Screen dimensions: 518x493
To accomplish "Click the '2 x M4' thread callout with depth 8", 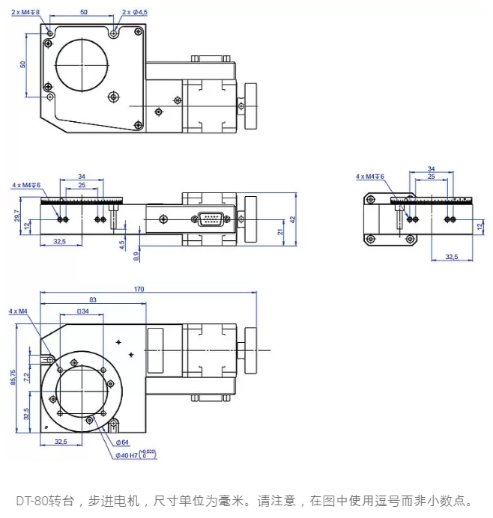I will [26, 12].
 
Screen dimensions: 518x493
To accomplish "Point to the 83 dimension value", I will [91, 299].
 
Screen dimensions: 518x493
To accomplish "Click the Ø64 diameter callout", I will [121, 442].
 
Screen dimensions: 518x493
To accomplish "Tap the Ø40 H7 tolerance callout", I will [135, 454].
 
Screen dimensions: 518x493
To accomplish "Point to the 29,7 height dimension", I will [17, 216].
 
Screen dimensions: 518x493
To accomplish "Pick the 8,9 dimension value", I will [136, 255].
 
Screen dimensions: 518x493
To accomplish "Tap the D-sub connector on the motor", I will [210, 219].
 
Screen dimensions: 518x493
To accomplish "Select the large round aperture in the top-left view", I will [82, 64].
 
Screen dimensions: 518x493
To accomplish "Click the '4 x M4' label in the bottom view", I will [18, 310].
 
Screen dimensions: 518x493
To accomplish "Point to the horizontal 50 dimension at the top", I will [83, 12].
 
